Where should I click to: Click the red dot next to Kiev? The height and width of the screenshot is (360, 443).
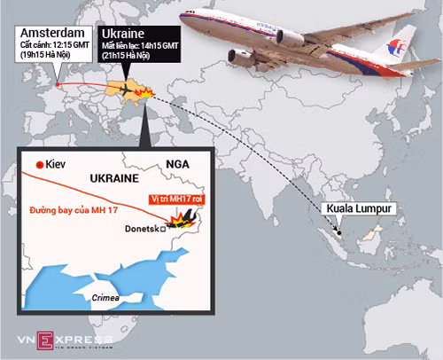pos(38,166)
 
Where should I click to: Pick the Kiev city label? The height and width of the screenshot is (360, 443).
pos(58,166)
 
